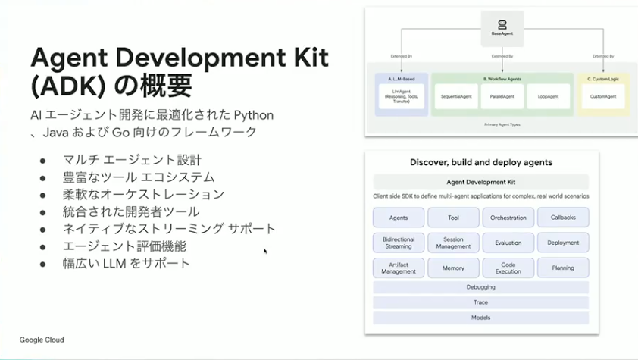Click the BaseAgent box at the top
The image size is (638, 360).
point(502,30)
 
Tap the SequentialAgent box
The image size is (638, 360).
point(457,96)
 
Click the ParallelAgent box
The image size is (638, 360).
point(502,96)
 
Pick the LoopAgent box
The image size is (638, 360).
point(547,96)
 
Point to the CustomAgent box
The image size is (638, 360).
point(602,96)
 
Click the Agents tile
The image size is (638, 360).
point(399,218)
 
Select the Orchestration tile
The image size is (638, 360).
point(508,218)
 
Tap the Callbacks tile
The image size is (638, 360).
point(563,218)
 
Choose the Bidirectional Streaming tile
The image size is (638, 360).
point(399,243)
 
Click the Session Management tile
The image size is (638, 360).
point(453,243)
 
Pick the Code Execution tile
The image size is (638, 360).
point(508,268)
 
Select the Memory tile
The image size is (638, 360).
point(453,268)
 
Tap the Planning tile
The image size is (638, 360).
point(563,268)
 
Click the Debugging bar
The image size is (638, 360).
point(480,287)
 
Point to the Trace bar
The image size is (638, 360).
point(480,302)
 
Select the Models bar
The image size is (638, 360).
point(480,318)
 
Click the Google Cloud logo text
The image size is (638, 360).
point(42,340)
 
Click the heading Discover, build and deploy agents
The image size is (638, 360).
point(480,162)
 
